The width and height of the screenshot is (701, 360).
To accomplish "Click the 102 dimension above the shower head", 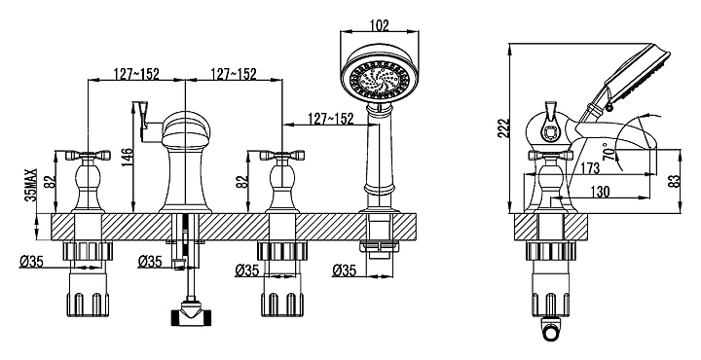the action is point(380,25).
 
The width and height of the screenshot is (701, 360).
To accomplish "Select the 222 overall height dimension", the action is point(504,129).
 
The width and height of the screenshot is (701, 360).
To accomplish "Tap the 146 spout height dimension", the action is point(127,158).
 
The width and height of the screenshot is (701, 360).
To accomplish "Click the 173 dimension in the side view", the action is point(590,168).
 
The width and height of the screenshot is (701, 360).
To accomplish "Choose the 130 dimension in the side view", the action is point(600,191).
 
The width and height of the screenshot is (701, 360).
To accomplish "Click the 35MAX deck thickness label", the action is point(31,186).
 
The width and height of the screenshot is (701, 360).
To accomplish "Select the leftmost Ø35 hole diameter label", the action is point(31,262).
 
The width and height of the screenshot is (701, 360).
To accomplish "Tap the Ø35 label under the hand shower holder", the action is point(345,270).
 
